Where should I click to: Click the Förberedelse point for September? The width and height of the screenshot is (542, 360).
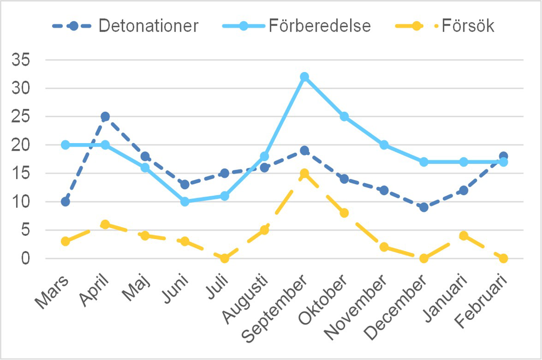(304, 77)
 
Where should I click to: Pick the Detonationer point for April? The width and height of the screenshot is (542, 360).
(105, 117)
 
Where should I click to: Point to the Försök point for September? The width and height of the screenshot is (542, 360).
(304, 173)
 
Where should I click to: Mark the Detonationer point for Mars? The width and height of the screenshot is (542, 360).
(66, 202)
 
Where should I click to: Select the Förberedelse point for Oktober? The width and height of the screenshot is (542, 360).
(344, 117)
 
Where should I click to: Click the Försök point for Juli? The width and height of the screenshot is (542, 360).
(224, 258)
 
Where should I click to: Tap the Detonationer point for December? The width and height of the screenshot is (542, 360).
(424, 207)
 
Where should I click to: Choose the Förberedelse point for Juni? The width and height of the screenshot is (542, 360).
(185, 202)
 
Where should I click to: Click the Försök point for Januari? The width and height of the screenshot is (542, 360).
(463, 236)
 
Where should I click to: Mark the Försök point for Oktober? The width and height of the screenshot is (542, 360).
(344, 213)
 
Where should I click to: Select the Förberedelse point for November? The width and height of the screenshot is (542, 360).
(384, 145)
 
